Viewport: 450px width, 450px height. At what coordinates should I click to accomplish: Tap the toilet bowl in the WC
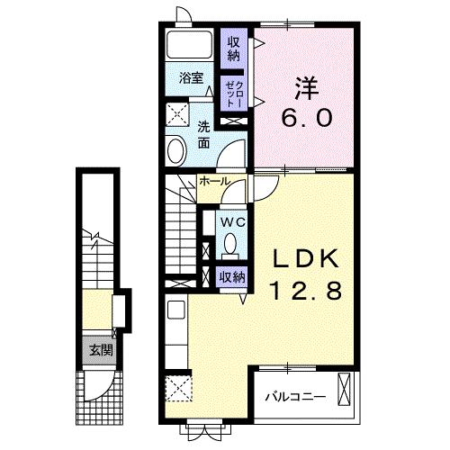click(229, 243)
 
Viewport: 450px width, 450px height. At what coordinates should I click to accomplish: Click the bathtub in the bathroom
click(189, 45)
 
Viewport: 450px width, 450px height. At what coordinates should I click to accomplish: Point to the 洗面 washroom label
click(203, 134)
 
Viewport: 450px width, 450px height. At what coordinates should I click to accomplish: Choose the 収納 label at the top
click(234, 47)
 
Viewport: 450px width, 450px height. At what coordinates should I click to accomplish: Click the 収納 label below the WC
click(232, 277)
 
